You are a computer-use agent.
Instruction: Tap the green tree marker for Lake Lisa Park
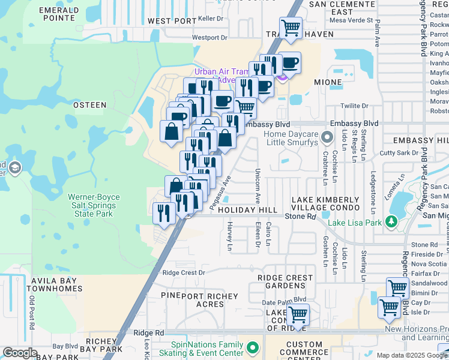tap(392, 222)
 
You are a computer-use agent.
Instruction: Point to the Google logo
tap(20, 353)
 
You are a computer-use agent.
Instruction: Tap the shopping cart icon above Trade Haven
tap(291, 27)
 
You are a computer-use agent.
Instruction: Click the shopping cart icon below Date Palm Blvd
tap(298, 314)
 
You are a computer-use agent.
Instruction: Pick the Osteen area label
tap(89, 105)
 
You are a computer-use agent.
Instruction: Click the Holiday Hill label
tap(247, 211)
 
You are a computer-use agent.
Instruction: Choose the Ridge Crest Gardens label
tap(285, 283)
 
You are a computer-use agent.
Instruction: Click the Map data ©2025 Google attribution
tap(412, 355)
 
